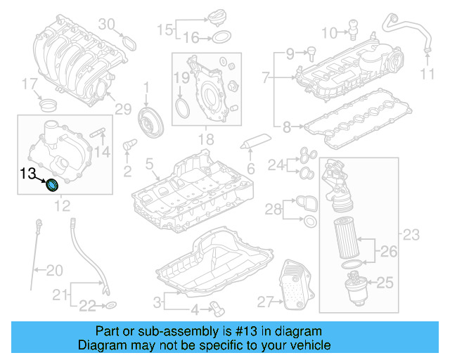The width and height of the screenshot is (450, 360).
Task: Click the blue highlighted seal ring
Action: pyautogui.click(x=52, y=186)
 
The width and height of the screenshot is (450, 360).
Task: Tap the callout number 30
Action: pyautogui.click(x=105, y=25)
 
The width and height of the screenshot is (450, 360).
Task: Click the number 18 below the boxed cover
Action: pyautogui.click(x=205, y=141)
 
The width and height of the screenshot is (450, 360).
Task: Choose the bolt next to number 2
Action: pyautogui.click(x=129, y=146)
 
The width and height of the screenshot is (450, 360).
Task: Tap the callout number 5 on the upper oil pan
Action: pyautogui.click(x=149, y=164)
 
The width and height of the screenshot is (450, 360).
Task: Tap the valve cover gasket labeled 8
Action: pyautogui.click(x=352, y=124)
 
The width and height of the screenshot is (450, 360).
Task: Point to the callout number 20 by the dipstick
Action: pyautogui.click(x=54, y=269)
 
